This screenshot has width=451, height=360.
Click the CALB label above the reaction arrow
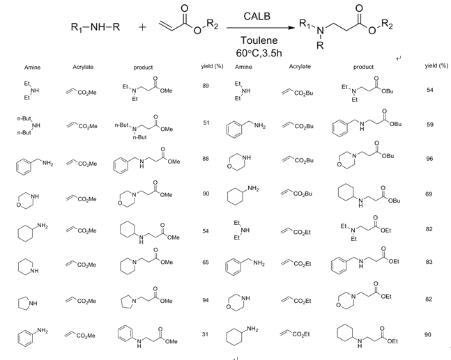coord(257,16)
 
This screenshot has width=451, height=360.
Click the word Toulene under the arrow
coord(259,40)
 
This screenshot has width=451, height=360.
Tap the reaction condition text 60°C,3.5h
coord(259,53)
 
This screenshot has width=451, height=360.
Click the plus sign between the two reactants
coord(142,27)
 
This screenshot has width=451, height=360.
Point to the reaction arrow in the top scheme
coord(261,28)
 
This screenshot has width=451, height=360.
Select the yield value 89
coord(206,86)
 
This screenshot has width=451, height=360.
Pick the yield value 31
coord(205,334)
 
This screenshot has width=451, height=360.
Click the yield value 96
coord(429,159)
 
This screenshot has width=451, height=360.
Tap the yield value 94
coord(206,300)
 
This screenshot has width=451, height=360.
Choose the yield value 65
coord(206,262)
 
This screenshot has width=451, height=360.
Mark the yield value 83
coord(429,262)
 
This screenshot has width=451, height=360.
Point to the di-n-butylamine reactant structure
coord(29,125)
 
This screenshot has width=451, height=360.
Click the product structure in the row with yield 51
coord(144,127)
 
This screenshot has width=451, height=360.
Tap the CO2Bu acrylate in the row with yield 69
coord(296,194)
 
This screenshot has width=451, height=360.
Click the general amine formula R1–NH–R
coord(95,27)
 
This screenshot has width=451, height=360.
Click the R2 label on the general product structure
coord(387,25)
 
